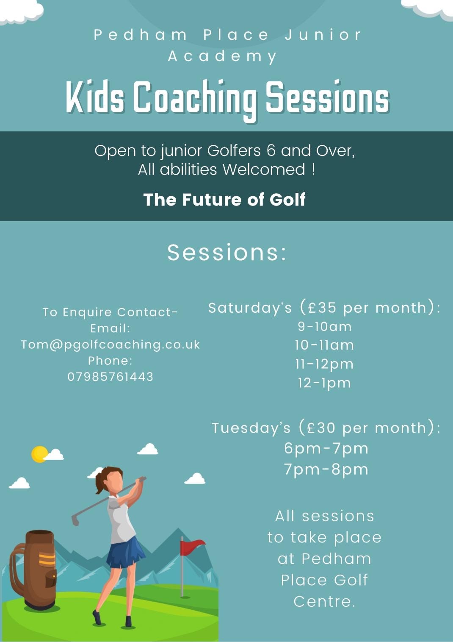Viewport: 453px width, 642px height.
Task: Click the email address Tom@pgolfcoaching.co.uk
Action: [x=110, y=345]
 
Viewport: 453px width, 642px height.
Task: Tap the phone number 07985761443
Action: [x=110, y=377]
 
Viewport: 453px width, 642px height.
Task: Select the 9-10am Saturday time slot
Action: [x=325, y=326]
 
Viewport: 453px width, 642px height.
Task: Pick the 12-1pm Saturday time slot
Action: [x=324, y=383]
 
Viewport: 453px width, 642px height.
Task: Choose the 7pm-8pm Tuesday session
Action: [x=326, y=470]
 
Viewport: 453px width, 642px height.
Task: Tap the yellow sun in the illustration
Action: [x=39, y=454]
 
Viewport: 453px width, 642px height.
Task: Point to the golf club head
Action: [x=75, y=520]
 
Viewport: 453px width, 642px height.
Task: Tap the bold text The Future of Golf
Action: [x=224, y=200]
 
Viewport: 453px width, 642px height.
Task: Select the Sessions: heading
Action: [x=227, y=252]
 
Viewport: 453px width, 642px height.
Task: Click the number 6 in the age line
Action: [x=271, y=150]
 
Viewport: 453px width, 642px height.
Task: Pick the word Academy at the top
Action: [x=222, y=56]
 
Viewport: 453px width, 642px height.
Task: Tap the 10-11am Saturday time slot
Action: [x=324, y=345]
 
